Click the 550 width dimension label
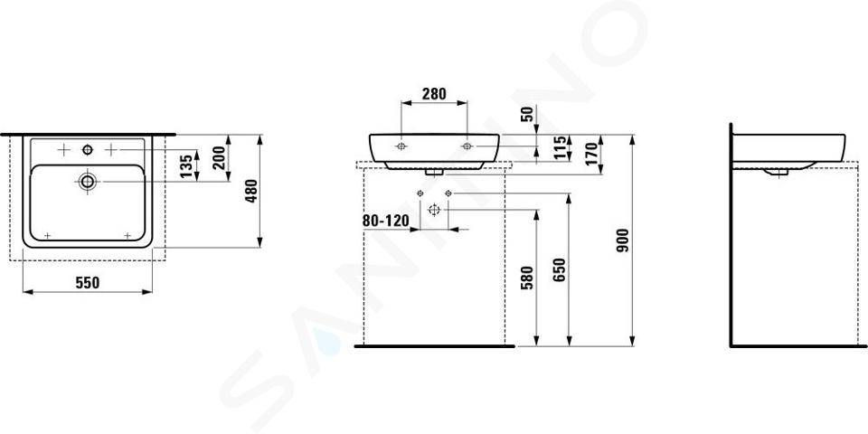(x=88, y=283)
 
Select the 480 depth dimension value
(x=251, y=191)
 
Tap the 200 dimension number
(x=219, y=157)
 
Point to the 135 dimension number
(x=187, y=165)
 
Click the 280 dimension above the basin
(x=434, y=94)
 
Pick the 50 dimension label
(x=527, y=115)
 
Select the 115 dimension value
(x=561, y=147)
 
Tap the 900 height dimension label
(x=623, y=241)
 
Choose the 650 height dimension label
(x=560, y=269)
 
